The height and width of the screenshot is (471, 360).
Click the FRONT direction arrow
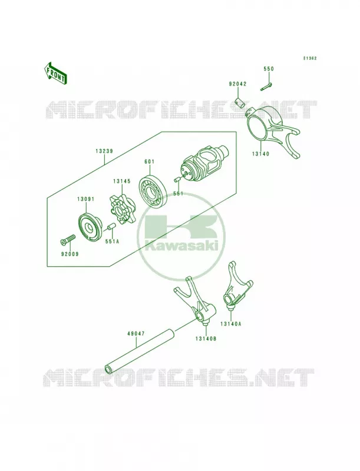[x=55, y=73]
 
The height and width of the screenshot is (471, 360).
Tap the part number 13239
[x=104, y=151]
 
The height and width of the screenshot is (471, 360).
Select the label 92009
[x=69, y=254]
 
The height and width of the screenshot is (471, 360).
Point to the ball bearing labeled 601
[x=154, y=189]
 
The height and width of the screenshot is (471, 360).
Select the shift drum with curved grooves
[x=205, y=160]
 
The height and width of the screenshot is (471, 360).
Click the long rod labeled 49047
[x=140, y=350]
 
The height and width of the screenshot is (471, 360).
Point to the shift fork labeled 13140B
[x=196, y=301]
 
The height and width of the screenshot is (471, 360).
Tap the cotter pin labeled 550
[x=266, y=86]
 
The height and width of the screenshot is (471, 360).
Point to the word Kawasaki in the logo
[x=181, y=247]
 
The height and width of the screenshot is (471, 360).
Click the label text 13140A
[x=230, y=323]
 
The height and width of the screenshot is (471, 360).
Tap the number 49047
[x=136, y=333]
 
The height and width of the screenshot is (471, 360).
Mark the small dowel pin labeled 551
[x=177, y=180]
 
